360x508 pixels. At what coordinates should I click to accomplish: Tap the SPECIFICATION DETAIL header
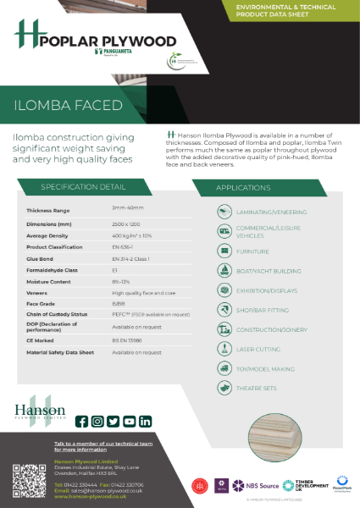point(83,186)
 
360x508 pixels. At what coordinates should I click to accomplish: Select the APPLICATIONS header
point(242,186)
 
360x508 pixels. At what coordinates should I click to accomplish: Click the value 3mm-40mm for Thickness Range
point(127,207)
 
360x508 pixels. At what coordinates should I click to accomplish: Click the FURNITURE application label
point(253,251)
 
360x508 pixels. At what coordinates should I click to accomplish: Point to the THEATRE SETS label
point(258,388)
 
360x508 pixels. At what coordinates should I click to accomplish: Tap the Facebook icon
point(82,421)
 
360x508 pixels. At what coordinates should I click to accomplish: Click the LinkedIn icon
point(146,421)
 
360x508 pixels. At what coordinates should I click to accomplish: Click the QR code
point(28,481)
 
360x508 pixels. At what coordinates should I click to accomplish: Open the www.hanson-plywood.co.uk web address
point(91,496)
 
